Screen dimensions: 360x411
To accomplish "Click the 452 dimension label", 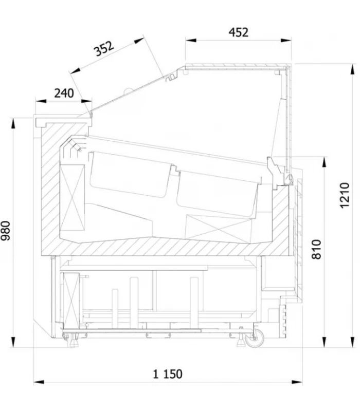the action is pyautogui.click(x=238, y=32).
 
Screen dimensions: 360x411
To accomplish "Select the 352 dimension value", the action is pyautogui.click(x=104, y=48).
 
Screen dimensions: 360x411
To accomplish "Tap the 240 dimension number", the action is pyautogui.click(x=64, y=94).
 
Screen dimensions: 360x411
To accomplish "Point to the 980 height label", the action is pyautogui.click(x=6, y=230).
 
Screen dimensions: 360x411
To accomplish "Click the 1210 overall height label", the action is pyautogui.click(x=345, y=195).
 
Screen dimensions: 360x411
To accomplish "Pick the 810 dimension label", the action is pyautogui.click(x=316, y=249).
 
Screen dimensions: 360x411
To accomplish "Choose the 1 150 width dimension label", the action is pyautogui.click(x=168, y=374).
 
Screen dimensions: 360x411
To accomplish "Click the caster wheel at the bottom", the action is pyautogui.click(x=255, y=339).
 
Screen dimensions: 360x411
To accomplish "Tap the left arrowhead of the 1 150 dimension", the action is pyautogui.click(x=39, y=382).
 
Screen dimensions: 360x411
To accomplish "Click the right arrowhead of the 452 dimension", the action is pyautogui.click(x=286, y=41).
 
